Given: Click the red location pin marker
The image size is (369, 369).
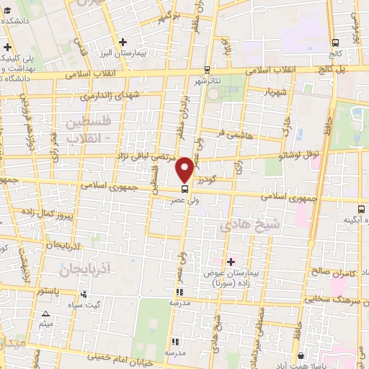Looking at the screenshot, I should click(x=185, y=169).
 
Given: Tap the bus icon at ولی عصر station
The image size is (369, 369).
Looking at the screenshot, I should click(x=185, y=189).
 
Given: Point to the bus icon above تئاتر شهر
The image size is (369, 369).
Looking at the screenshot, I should click(x=208, y=70).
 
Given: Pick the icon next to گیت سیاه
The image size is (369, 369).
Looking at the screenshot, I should click(x=84, y=294).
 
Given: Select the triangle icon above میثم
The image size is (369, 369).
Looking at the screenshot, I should click(x=46, y=314).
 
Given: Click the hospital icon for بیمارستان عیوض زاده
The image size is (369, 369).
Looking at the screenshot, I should click(x=231, y=261).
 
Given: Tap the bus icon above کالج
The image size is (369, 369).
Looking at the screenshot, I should click(x=334, y=42).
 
